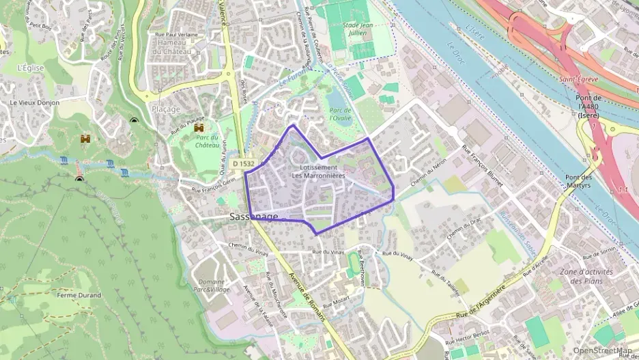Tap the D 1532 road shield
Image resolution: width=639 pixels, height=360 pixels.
[x=243, y=163]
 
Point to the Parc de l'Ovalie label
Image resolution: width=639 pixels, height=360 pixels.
[x=339, y=114]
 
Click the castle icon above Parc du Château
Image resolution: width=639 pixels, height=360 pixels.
[x=200, y=128]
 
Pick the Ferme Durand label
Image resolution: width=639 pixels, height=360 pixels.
[x=79, y=295]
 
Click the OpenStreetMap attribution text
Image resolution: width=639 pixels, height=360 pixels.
[x=603, y=350]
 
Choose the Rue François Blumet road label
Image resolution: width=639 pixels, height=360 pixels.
[x=485, y=165]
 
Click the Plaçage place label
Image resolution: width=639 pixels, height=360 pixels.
[x=166, y=109]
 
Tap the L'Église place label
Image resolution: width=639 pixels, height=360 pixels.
[x=31, y=68]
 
